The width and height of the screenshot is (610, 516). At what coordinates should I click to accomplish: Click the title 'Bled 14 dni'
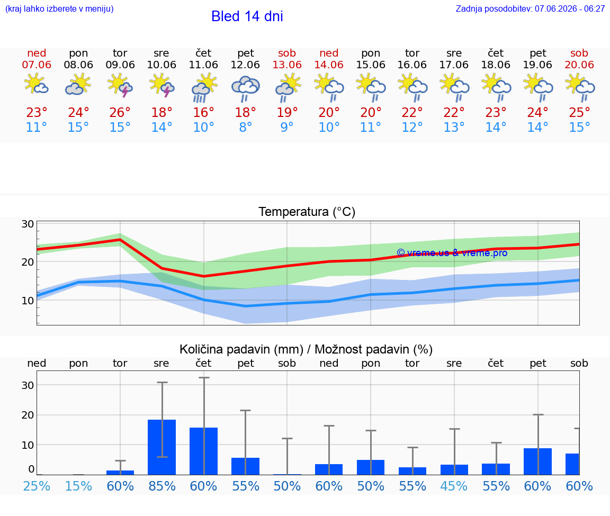point(247,16)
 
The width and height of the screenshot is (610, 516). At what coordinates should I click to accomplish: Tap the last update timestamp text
point(530,8)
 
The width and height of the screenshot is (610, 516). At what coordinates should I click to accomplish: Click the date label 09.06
point(120,65)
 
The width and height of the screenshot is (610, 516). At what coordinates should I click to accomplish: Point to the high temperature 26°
point(120,112)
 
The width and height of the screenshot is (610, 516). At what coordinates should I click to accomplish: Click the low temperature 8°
point(246,127)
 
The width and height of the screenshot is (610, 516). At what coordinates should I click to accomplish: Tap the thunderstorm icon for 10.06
point(162,86)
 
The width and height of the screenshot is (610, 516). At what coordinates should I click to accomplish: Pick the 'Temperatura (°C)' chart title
point(307,212)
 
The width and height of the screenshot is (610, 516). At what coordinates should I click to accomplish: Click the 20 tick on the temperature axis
point(28,262)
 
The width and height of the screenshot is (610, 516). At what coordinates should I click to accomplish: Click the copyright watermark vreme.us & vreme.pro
point(452,253)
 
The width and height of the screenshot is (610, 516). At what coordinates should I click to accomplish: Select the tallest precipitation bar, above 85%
point(162,447)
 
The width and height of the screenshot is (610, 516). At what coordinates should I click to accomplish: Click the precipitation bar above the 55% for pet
point(246,466)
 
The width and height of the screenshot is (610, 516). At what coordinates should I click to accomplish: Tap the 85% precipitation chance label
point(162,486)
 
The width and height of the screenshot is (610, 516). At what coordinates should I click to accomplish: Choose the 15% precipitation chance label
point(78,486)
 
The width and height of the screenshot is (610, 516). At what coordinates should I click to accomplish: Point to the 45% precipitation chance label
point(454,486)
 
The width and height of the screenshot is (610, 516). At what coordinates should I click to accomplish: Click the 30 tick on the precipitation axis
point(28,385)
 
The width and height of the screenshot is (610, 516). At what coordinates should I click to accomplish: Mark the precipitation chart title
point(306,349)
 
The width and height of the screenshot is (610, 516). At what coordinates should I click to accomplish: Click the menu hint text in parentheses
point(59,8)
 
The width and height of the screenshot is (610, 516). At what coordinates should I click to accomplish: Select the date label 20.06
point(579,65)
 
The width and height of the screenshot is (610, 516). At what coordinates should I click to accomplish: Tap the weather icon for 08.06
point(78,86)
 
